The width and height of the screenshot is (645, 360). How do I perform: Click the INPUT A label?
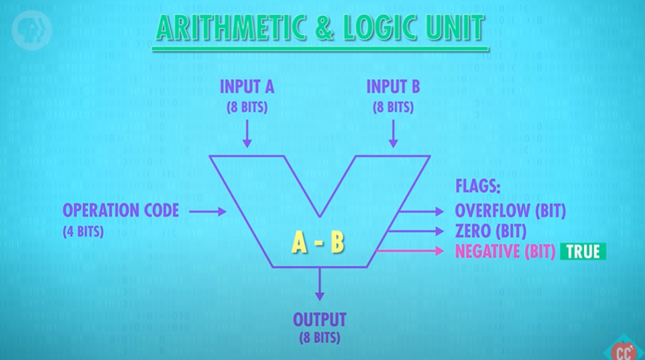tap(247, 88)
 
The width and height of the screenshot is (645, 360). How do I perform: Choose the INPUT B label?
tap(393, 88)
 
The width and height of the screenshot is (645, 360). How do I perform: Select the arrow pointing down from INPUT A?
tap(247, 133)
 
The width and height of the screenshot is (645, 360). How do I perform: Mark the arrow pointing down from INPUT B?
tap(393, 133)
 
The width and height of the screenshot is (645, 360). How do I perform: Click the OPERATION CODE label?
tap(121, 211)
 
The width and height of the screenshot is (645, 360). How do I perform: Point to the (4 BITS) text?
tap(83, 231)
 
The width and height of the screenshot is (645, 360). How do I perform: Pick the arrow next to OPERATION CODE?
tap(212, 212)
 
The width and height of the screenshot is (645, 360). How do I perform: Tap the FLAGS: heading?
tap(478, 186)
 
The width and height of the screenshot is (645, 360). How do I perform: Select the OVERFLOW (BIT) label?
tap(510, 211)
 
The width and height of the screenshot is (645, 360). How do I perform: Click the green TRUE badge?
tap(583, 252)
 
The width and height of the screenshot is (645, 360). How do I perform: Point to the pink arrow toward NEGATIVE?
tap(410, 252)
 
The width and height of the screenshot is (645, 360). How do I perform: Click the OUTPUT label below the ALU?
tap(319, 319)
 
